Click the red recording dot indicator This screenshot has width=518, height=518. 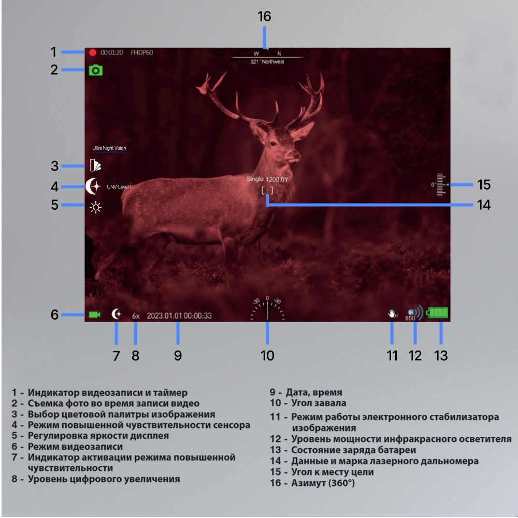93,52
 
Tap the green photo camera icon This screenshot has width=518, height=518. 96,70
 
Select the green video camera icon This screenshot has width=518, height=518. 94,314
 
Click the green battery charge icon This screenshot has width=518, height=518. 437,312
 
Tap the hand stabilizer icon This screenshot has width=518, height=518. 393,313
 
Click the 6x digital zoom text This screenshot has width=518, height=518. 136,316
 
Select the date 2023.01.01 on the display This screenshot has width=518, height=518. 164,316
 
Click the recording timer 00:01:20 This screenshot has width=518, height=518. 112,52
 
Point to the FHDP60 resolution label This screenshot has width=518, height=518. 142,52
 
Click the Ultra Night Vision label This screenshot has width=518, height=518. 109,148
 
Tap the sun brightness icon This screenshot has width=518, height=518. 96,208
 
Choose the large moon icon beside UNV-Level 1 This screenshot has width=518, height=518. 93,186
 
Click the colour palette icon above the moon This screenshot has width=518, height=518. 95,165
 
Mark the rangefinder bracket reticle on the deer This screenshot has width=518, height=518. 267,190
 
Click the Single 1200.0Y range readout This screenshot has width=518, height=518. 267,179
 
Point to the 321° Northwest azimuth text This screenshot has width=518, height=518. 267,62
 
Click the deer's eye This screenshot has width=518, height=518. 273,143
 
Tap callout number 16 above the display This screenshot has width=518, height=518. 264,16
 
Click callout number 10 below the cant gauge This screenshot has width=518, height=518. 267,356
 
